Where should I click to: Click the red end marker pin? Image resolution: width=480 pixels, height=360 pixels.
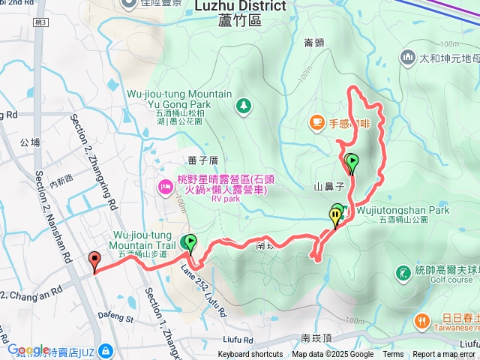coord(94,260)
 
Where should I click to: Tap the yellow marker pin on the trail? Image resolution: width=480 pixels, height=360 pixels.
coord(334,217)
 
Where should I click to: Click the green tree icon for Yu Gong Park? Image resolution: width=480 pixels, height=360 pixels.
coord(243,106)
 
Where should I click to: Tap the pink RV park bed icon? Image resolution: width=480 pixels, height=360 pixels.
coord(164,185)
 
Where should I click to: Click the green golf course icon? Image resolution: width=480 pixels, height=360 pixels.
coord(404,271)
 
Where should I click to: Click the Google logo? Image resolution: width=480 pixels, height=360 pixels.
coord(28,349)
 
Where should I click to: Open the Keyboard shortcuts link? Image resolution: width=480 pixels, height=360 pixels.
coord(250,355)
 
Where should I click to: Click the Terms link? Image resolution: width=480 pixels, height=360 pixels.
coord(393,355)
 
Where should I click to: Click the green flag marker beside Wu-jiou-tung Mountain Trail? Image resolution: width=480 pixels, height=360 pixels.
coord(190,242)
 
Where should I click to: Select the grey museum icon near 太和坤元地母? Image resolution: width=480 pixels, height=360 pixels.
coord(408,57)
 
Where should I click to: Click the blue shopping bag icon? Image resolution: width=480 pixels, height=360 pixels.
coord(106,350)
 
